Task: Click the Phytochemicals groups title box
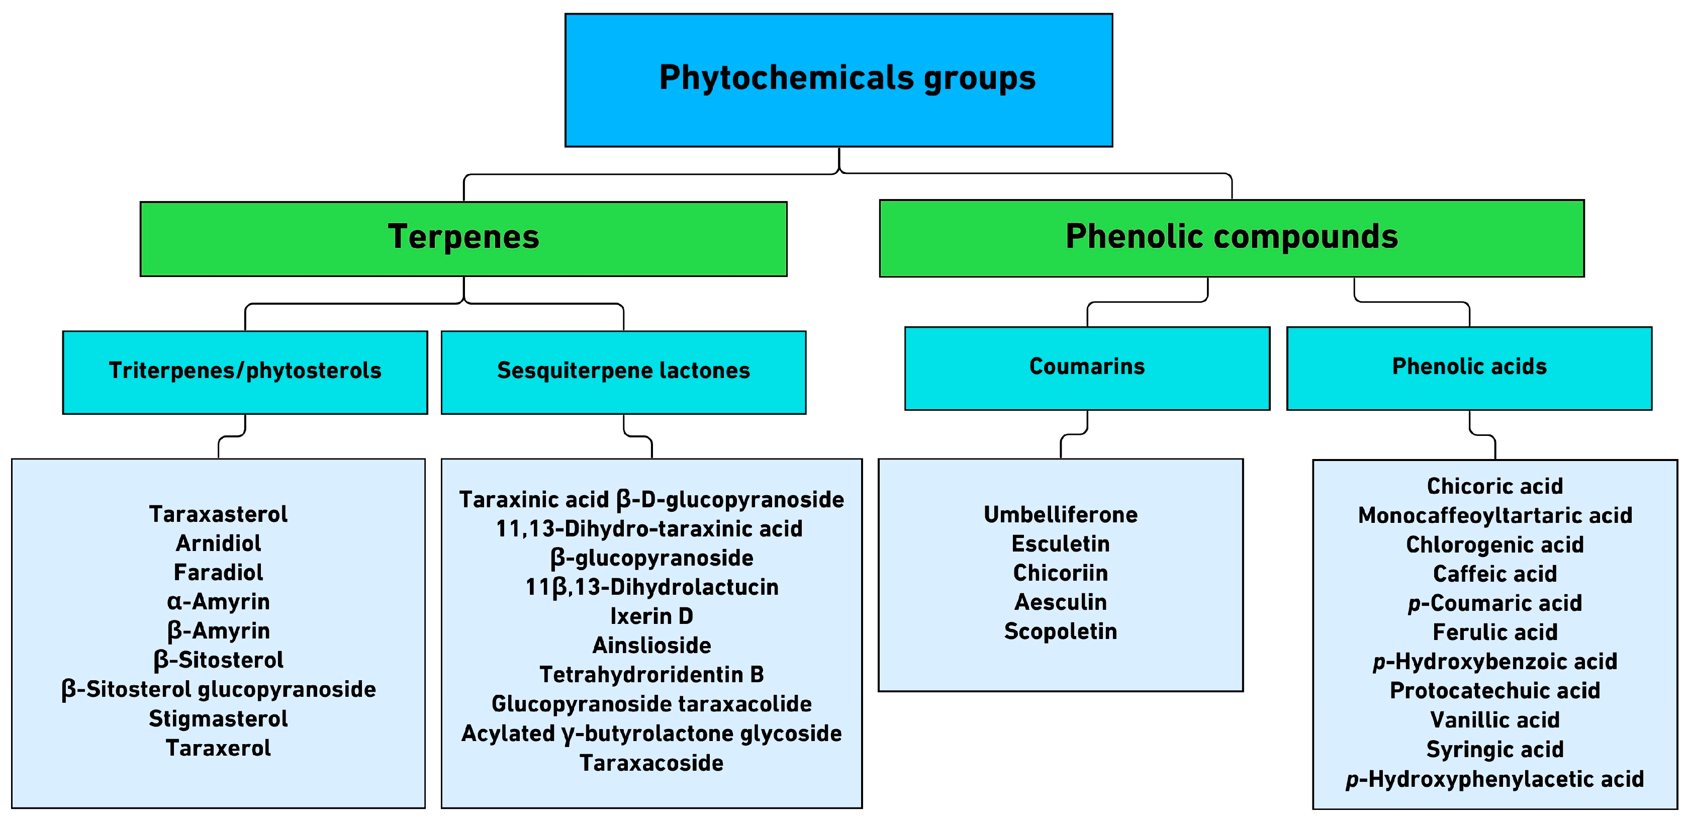[838, 79]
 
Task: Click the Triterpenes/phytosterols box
[245, 371]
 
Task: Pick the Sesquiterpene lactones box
[623, 371]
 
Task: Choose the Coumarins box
[1086, 367]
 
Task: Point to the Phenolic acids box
[1469, 367]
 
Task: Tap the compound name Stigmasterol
[218, 719]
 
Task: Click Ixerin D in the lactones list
[651, 617]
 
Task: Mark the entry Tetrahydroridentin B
[651, 675]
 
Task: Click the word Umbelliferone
[1060, 515]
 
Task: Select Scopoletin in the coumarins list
[1060, 632]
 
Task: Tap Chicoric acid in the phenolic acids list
[1494, 486]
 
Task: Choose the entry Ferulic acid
[1494, 632]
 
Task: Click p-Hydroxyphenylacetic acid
[1494, 779]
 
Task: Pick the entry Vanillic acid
[1494, 720]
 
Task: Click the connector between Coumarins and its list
[1074, 434]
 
